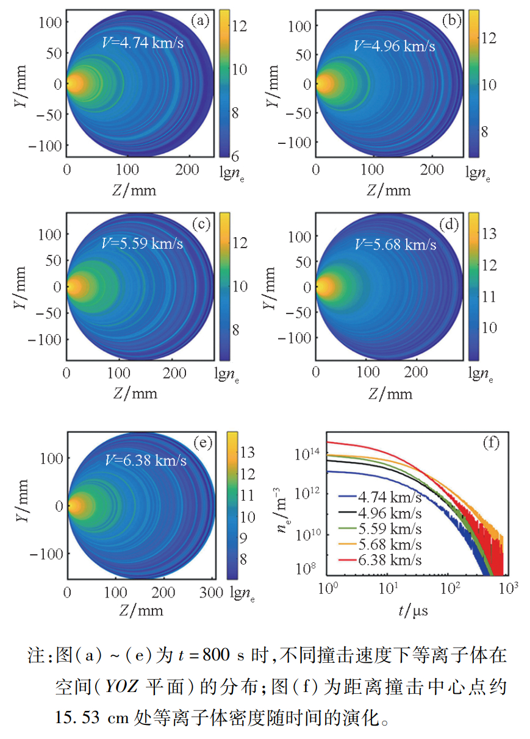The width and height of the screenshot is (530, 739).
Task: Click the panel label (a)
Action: coord(200,21)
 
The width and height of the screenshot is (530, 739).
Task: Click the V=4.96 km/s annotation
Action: coord(395,45)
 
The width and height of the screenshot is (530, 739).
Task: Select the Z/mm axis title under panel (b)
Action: coord(389,190)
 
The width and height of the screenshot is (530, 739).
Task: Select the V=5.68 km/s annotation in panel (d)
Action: coord(395,245)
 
